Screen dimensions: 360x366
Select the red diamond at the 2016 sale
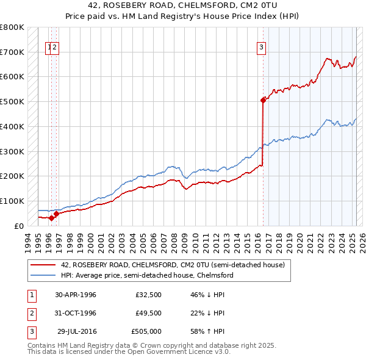(x=263, y=99)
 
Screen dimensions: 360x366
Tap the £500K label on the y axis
(x=12, y=101)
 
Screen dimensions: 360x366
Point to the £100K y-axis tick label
(x=12, y=201)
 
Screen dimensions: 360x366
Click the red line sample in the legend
(x=43, y=265)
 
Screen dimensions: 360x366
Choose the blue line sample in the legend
(x=43, y=275)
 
